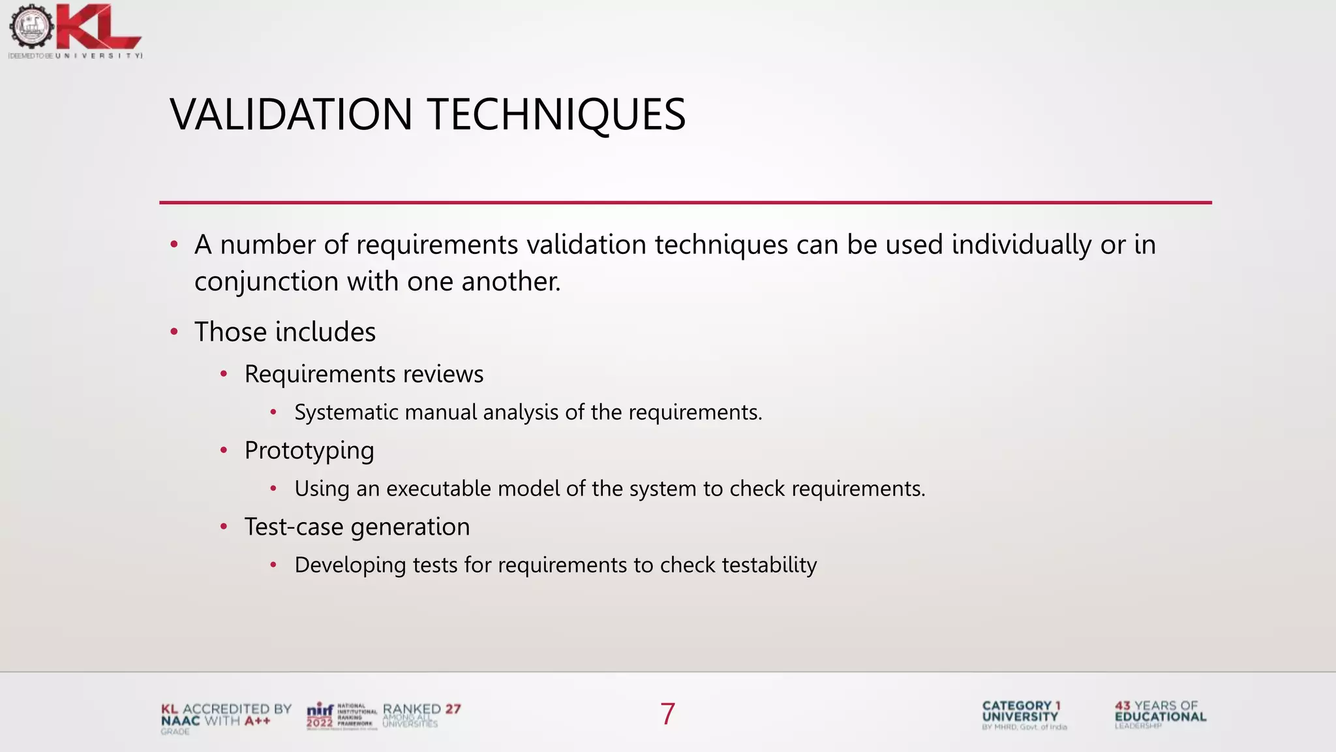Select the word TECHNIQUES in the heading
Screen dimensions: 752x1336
(x=556, y=115)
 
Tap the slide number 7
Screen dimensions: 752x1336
(x=667, y=713)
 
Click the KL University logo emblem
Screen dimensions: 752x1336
(x=31, y=27)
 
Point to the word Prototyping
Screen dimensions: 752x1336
(x=309, y=450)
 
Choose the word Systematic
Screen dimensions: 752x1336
(x=346, y=413)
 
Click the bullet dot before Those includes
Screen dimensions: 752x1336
(x=174, y=332)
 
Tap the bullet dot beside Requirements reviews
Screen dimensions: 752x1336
(x=224, y=374)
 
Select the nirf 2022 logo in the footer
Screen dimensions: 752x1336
(x=320, y=715)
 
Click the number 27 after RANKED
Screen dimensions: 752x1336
(x=453, y=709)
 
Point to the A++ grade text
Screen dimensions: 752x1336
(x=258, y=721)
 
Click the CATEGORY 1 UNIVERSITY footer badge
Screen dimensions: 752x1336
(x=1023, y=714)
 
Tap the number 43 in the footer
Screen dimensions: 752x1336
(x=1122, y=706)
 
